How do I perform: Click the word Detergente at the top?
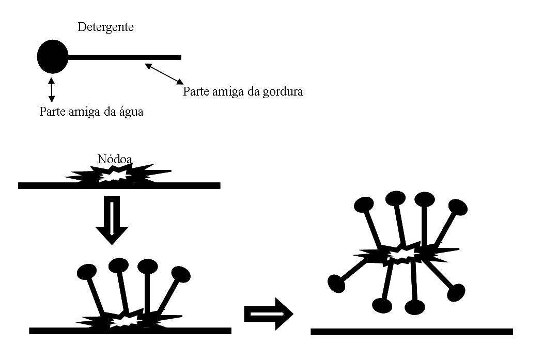[x=105, y=27]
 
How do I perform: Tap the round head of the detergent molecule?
[x=53, y=57]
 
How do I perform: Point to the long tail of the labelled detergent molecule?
[x=125, y=57]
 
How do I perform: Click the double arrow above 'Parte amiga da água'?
[x=52, y=90]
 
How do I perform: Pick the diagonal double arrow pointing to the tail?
[x=164, y=74]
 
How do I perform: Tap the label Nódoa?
[x=115, y=159]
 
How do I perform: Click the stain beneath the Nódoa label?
[x=118, y=174]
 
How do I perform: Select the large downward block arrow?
[x=112, y=220]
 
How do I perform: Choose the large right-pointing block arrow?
[x=269, y=314]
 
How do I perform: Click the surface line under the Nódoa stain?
[x=119, y=186]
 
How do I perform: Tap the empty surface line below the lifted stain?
[x=412, y=332]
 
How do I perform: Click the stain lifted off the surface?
[x=405, y=255]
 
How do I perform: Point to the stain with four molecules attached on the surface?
[x=129, y=319]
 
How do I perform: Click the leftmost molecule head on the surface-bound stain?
[x=87, y=272]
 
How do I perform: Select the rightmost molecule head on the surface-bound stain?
[x=181, y=274]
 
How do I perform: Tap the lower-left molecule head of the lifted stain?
[x=336, y=284]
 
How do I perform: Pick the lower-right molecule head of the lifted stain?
[x=456, y=293]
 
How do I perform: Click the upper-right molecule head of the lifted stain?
[x=458, y=207]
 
